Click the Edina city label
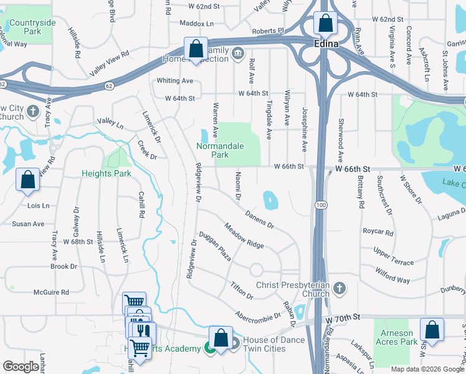pos(326,44)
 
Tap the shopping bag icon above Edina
pos(325,24)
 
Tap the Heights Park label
pos(107,173)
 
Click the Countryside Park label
pos(32,27)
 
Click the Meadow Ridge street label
pos(244,236)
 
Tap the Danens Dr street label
pos(259,219)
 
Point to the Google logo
pos(21,367)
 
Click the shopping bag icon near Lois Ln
pos(28,180)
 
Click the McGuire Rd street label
pos(51,292)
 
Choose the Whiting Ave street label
pos(175,81)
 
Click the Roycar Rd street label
pos(378,233)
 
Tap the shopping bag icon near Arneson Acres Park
pos(432,330)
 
